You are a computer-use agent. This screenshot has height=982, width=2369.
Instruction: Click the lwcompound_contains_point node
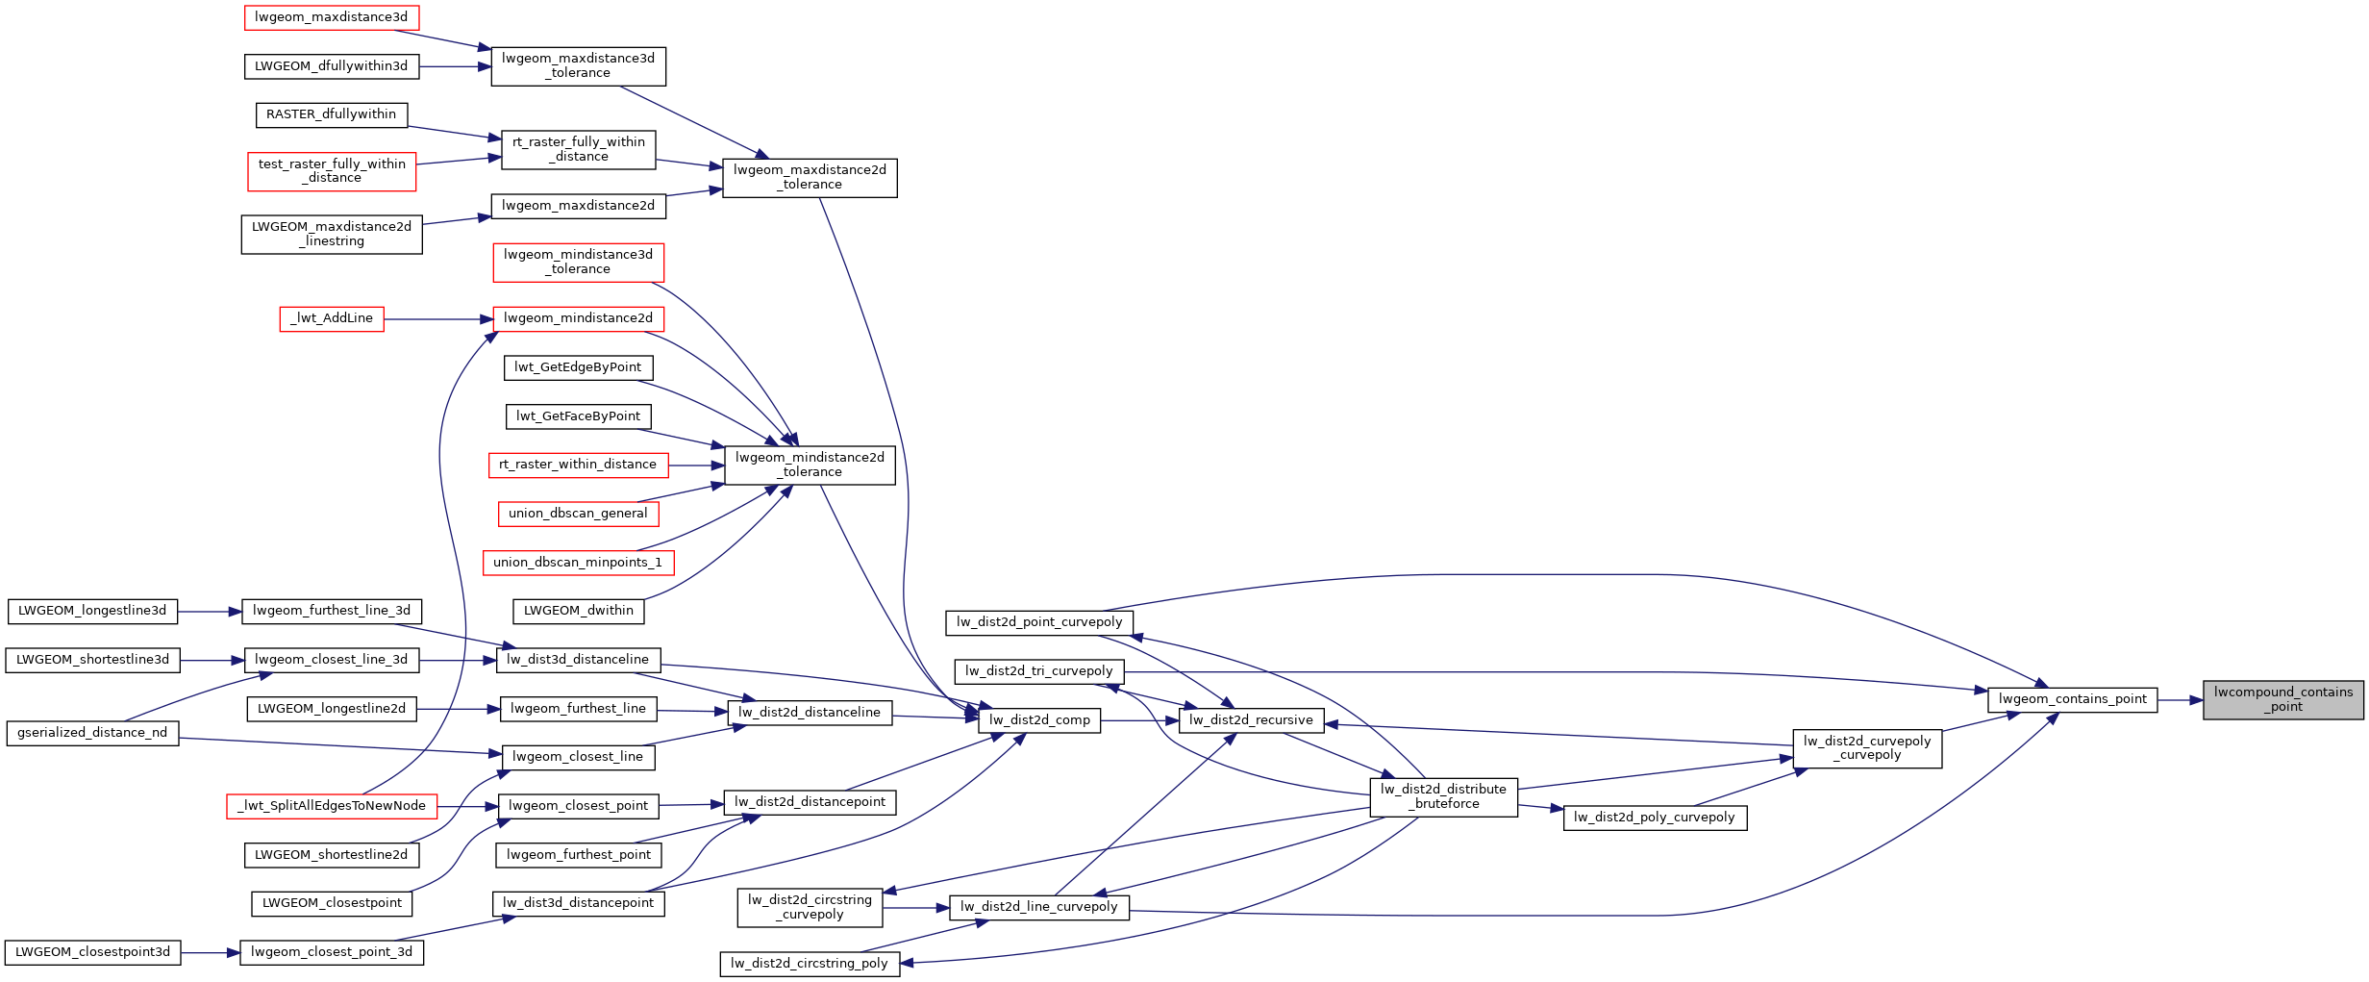(2282, 699)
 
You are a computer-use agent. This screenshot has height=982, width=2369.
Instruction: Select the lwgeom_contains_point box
(2072, 699)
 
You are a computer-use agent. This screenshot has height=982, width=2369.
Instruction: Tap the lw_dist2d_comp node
(1038, 720)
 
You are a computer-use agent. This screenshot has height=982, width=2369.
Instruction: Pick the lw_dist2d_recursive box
(1250, 720)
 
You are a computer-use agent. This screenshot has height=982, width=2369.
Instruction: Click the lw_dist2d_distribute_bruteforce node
(1443, 796)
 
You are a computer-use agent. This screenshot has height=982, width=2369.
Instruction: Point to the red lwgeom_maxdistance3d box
(331, 17)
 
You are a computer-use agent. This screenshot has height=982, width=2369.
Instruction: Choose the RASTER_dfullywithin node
(331, 114)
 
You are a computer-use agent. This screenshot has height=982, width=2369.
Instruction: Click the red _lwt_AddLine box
(332, 318)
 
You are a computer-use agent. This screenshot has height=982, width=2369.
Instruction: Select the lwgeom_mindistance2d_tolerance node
(810, 465)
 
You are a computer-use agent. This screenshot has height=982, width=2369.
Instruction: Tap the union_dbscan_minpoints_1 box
(578, 563)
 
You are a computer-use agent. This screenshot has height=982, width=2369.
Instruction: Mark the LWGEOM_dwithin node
(578, 611)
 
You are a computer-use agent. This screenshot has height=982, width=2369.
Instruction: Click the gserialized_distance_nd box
(92, 733)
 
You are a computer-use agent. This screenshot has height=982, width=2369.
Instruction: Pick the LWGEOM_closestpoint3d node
(92, 952)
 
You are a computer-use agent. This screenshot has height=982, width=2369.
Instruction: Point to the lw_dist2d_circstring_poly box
(810, 964)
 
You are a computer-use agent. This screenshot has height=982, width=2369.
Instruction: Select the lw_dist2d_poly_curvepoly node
(1654, 818)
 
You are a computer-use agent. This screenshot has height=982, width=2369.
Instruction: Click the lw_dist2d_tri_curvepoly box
(1038, 671)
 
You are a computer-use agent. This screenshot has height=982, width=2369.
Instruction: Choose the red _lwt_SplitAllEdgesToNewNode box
(332, 806)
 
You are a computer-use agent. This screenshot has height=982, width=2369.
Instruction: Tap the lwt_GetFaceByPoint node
(578, 416)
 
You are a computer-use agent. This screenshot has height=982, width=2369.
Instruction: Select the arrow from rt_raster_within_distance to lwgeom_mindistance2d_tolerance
(696, 466)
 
